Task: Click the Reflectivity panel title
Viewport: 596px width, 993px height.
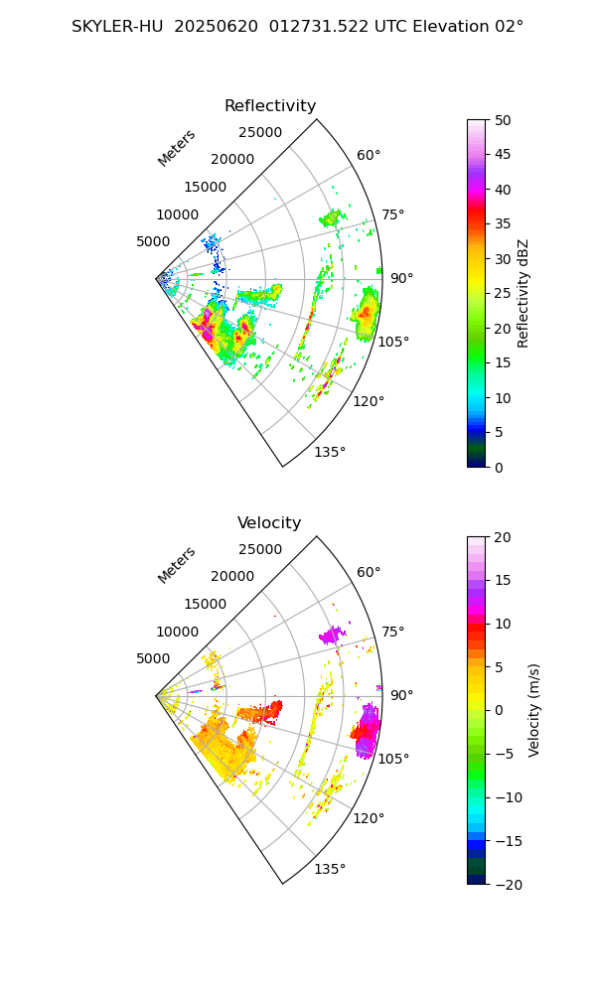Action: tap(270, 106)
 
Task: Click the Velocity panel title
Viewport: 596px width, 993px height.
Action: tap(269, 523)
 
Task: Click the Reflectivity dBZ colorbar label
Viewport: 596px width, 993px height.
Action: tap(523, 293)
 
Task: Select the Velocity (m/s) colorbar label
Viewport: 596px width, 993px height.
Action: tap(534, 710)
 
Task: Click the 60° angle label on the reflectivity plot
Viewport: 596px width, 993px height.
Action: tap(369, 155)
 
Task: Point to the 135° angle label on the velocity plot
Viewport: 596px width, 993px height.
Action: tap(330, 869)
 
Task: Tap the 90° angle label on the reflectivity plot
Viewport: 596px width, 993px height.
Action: tap(401, 278)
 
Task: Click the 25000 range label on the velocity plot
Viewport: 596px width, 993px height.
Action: tap(260, 549)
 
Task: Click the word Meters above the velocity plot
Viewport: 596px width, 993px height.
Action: tap(177, 565)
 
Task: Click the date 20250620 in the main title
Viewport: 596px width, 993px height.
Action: tap(212, 27)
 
